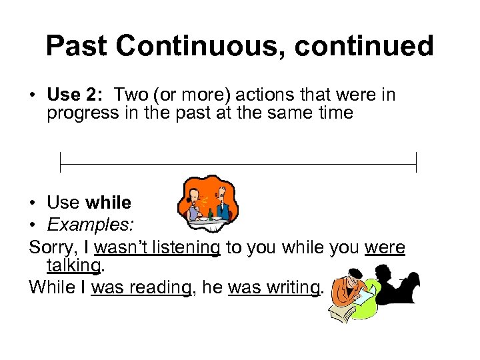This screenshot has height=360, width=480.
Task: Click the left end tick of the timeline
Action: (x=60, y=162)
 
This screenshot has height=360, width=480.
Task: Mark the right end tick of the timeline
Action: (x=416, y=162)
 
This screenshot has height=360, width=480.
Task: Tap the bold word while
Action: (x=109, y=203)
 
